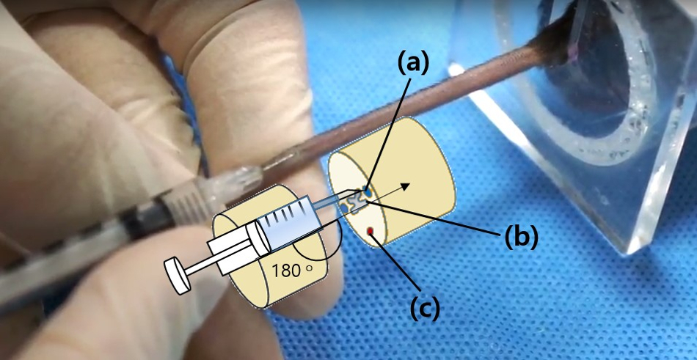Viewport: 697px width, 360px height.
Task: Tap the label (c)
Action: point(425,307)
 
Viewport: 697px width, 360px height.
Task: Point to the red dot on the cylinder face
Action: point(371,232)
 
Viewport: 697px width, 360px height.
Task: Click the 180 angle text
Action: point(285,270)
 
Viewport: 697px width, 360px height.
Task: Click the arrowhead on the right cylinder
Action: point(405,186)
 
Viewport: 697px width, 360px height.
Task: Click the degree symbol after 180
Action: point(309,268)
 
